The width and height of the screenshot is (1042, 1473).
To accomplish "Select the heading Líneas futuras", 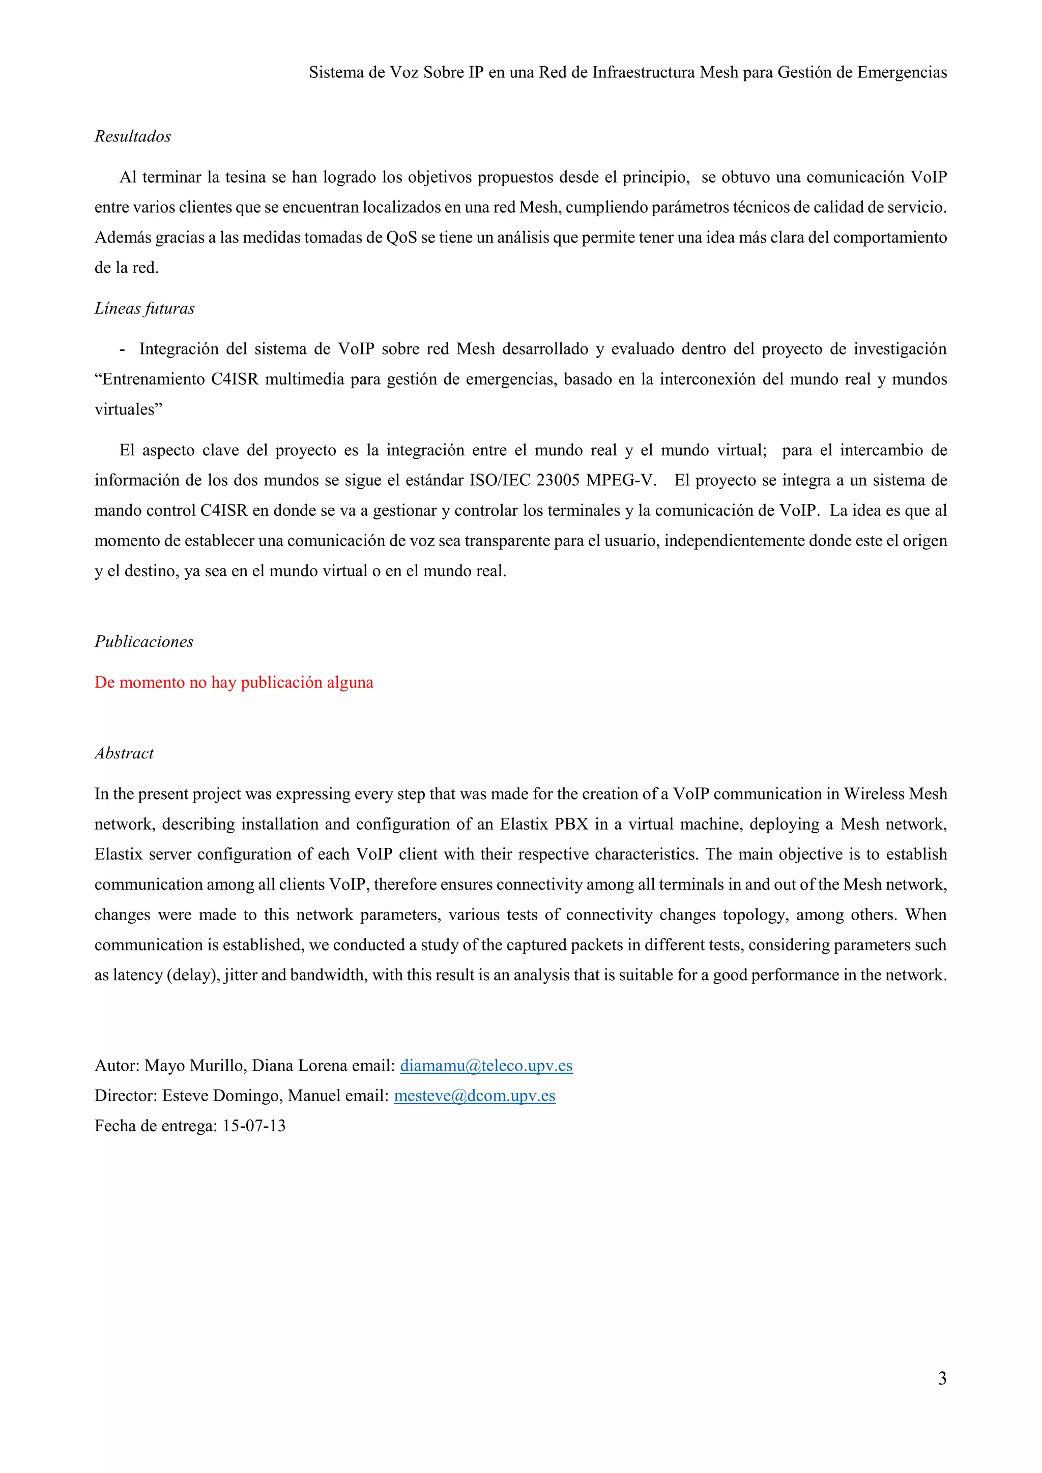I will pos(144,309).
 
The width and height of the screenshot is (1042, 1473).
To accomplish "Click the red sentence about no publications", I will pos(234,683).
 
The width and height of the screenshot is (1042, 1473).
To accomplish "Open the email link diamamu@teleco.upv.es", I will pos(486,1066).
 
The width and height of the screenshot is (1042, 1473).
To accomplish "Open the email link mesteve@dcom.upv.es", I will pos(474,1096).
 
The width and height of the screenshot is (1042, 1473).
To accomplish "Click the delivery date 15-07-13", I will pos(254,1126).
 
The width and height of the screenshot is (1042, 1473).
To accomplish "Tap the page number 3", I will pos(942,1379).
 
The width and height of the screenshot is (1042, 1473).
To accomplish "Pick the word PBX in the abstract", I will pos(571,824).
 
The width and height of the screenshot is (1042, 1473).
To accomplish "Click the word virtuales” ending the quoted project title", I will pos(128,410).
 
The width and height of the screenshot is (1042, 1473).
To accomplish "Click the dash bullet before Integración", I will pos(122,349).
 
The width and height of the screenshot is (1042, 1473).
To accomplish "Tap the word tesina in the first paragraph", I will pos(245,178).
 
